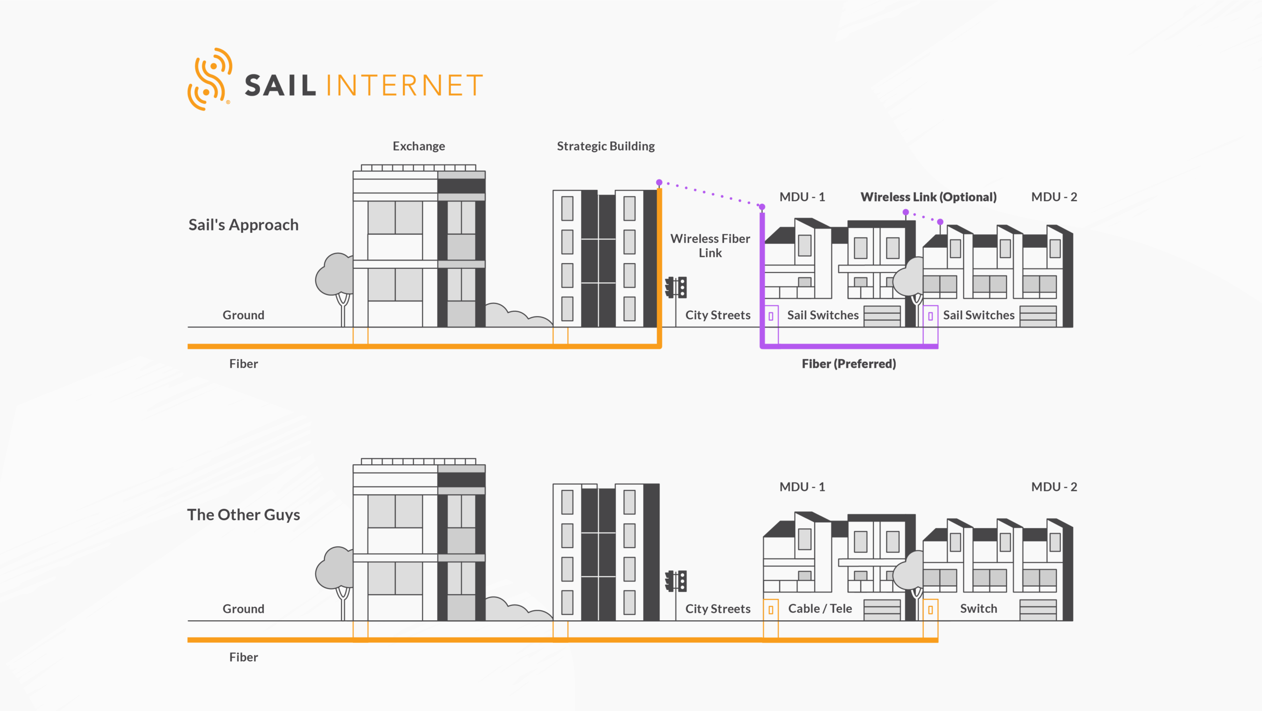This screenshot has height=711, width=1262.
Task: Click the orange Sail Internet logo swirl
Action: tap(210, 79)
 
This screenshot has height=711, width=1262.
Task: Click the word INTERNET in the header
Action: tap(404, 85)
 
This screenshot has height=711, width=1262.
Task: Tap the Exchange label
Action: tap(419, 146)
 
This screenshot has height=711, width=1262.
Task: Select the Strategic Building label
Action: tap(605, 146)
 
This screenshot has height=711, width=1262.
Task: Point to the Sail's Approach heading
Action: tap(244, 225)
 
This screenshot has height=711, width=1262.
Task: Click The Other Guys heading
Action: tap(244, 515)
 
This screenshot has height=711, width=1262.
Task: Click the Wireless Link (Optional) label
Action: tap(928, 197)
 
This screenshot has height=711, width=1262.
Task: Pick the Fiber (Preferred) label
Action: tap(848, 364)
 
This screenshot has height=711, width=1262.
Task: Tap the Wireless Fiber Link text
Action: tap(710, 246)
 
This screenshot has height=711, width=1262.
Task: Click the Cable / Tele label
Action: tap(820, 608)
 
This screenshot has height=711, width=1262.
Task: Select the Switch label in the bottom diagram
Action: tap(979, 608)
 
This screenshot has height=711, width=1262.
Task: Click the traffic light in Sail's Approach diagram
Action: tap(676, 287)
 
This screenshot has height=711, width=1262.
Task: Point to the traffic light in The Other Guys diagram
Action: tap(676, 581)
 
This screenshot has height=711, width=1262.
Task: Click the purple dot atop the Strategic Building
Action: tap(659, 183)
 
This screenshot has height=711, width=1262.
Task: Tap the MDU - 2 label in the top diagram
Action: tap(1054, 197)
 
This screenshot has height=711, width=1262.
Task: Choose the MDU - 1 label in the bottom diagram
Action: tap(802, 487)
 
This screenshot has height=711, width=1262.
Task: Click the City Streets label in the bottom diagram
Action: tap(718, 608)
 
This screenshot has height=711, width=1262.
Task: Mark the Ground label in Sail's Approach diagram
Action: tap(244, 315)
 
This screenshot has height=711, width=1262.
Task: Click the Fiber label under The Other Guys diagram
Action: tap(244, 657)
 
